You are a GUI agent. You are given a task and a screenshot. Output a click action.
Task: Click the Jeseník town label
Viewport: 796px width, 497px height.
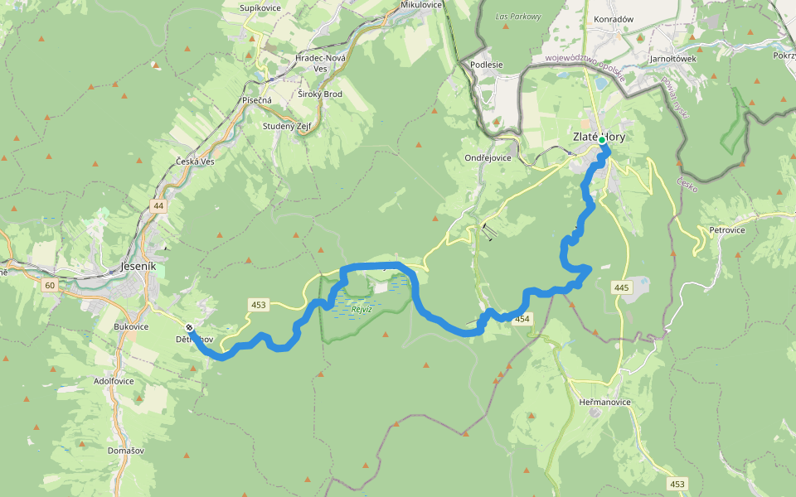(138, 267)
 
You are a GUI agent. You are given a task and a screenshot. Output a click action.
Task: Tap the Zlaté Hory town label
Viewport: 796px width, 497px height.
(599, 137)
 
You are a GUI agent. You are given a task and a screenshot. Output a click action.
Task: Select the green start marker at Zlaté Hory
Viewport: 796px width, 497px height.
(602, 141)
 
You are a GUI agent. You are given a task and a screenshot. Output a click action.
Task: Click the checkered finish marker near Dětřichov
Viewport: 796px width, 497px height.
(190, 327)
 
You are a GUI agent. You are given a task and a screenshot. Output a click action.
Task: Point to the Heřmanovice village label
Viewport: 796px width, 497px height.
(605, 402)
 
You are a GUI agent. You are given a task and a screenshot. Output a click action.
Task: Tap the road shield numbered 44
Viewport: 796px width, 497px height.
(158, 205)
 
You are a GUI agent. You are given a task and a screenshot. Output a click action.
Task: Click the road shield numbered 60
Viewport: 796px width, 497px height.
(50, 286)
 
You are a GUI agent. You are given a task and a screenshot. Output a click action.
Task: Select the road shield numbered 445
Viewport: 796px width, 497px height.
(622, 287)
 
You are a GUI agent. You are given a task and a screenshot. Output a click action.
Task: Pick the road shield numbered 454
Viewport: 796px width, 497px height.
(522, 319)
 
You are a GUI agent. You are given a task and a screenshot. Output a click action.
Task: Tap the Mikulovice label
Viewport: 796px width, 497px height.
(422, 5)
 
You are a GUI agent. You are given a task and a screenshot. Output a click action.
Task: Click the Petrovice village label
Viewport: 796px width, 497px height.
(727, 229)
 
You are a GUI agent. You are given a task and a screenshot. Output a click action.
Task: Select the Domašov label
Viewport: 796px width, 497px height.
(124, 450)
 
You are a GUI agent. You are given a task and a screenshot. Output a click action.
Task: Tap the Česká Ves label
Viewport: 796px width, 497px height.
(196, 161)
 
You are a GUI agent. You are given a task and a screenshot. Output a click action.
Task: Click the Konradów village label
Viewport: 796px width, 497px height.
(614, 19)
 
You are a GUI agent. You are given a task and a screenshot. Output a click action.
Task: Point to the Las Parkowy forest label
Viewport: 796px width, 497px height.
(517, 17)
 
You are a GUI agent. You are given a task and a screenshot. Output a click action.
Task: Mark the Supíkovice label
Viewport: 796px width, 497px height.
(260, 7)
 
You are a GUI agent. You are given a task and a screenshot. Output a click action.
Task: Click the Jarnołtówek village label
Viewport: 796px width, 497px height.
(672, 59)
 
